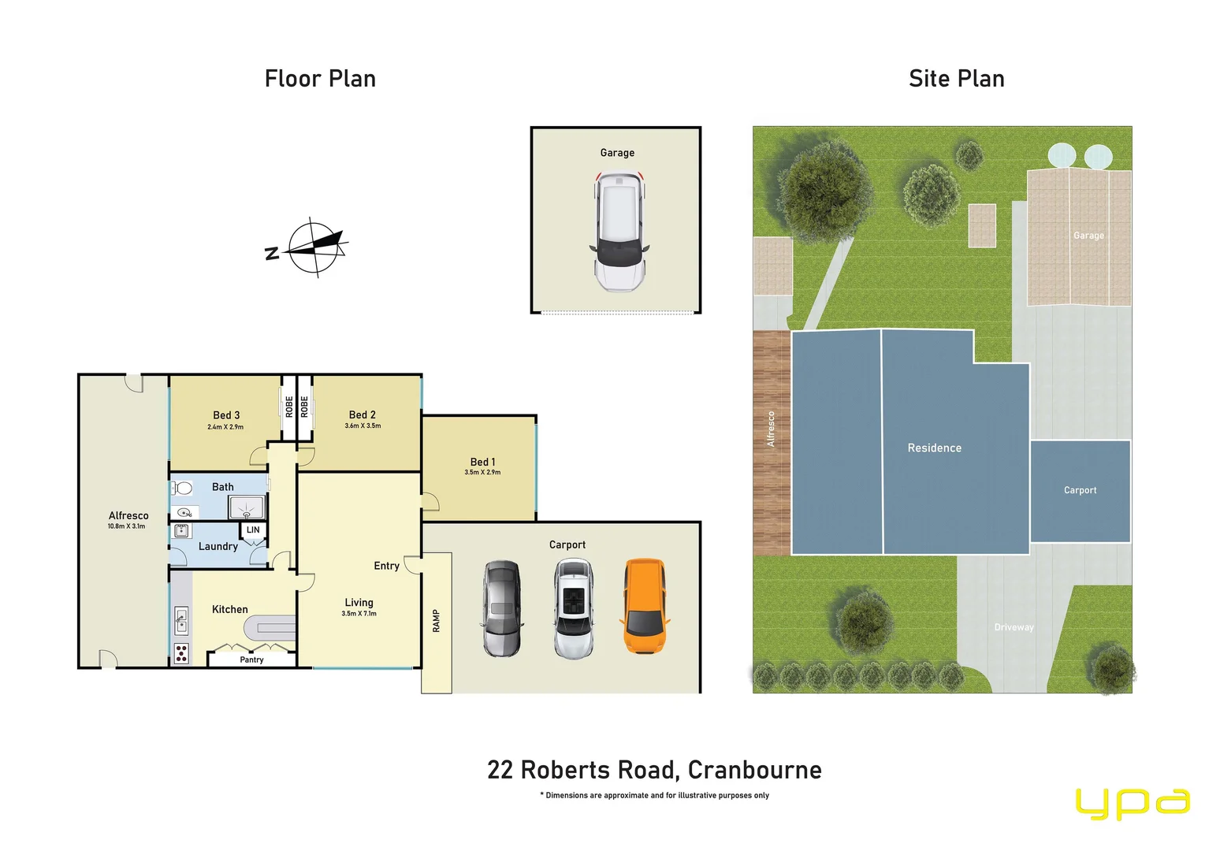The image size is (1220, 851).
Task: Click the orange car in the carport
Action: [645, 607]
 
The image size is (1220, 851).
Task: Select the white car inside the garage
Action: [619, 232]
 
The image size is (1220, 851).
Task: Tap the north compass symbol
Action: [315, 247]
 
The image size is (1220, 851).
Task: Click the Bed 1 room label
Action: [482, 462]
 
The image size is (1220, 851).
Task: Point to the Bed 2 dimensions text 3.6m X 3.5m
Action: [363, 426]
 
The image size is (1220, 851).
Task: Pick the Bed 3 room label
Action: [226, 415]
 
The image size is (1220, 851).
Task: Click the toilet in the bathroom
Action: [183, 489]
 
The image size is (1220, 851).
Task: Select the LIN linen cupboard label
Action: [253, 530]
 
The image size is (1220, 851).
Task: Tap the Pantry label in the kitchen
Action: [251, 660]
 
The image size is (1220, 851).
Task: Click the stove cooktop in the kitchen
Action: [181, 653]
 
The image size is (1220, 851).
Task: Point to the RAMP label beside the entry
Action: [436, 621]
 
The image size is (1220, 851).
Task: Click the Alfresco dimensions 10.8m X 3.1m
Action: [126, 526]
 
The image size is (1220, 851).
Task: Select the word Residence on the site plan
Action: [934, 448]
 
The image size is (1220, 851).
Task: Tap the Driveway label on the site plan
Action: [1014, 627]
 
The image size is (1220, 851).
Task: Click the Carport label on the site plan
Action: [1080, 490]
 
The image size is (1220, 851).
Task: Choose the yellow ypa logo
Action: [1132, 804]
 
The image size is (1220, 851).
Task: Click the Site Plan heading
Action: [956, 79]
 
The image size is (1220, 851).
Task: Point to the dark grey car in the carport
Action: [502, 608]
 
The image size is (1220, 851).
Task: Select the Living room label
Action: [359, 603]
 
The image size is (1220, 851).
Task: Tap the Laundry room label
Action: [218, 546]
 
